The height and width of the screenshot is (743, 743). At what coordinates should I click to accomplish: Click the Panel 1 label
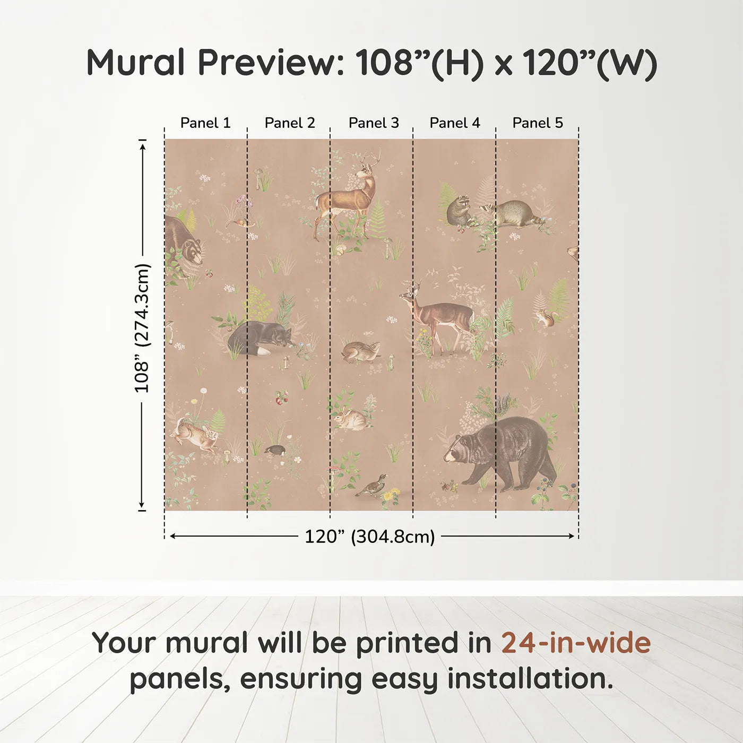(205, 123)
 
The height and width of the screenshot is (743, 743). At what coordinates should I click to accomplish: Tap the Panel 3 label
(374, 123)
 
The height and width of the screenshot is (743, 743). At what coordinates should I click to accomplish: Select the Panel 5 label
(537, 123)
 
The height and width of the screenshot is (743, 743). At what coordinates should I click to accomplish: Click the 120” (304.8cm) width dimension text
(369, 537)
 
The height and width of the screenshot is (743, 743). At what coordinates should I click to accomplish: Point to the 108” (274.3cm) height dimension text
(142, 328)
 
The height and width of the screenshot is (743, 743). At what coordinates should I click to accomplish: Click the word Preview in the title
(271, 63)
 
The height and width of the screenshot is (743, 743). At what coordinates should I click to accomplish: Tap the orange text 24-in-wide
(576, 643)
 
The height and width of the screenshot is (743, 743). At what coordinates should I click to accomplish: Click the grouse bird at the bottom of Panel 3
(373, 485)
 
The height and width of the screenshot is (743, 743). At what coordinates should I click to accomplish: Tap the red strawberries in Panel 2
(281, 397)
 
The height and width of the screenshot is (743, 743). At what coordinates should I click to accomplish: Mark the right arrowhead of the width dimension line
(572, 537)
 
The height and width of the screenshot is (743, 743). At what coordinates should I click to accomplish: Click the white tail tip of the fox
(262, 352)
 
